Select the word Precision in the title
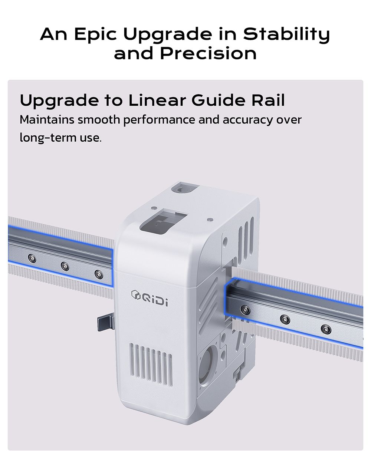[208, 53]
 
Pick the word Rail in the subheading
[268, 100]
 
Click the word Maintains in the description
[47, 119]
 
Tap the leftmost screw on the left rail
[32, 258]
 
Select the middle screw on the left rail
[65, 266]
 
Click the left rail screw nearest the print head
[99, 274]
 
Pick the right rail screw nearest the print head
[245, 310]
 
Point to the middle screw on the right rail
[285, 319]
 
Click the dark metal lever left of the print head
[106, 324]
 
